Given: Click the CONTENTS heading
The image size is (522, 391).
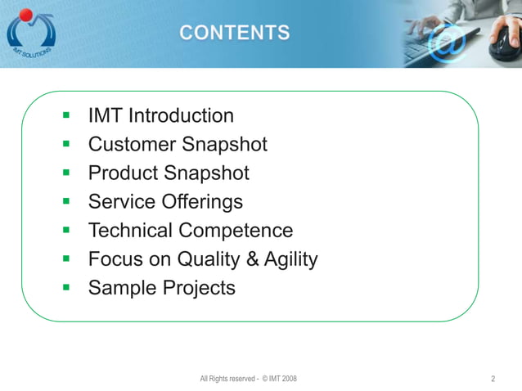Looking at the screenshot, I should [234, 33].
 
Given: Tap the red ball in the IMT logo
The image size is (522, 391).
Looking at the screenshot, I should [26, 14].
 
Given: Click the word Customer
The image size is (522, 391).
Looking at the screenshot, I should [132, 145].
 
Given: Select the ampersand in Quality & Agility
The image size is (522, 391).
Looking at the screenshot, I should [250, 259].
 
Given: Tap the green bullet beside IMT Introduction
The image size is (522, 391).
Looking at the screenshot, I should [67, 116].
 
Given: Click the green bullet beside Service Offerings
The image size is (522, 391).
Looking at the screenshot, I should [67, 202].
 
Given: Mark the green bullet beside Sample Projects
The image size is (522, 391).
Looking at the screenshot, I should [67, 288].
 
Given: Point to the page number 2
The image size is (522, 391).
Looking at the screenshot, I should [493, 379].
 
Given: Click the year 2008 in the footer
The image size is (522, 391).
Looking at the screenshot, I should [288, 379].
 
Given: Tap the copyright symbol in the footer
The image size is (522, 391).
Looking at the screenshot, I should [263, 379].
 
